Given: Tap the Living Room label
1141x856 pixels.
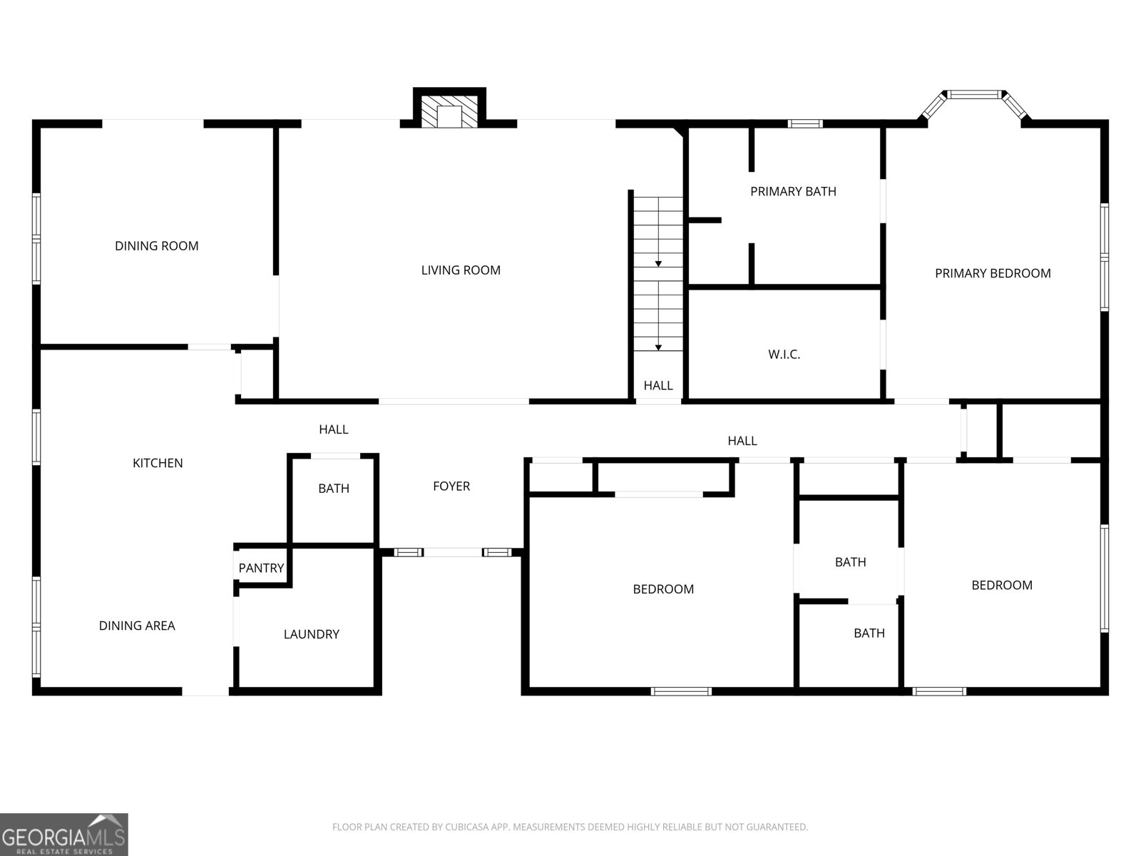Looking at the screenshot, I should point(461,270).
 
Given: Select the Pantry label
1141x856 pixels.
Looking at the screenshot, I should point(261,568).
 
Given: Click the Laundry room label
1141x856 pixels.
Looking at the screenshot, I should point(311,634).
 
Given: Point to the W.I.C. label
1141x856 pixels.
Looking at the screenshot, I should point(784,354).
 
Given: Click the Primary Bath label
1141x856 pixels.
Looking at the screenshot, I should point(793,191).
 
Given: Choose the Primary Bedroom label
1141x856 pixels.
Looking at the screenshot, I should point(993,273).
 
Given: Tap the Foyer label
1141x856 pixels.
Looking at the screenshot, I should point(451,486).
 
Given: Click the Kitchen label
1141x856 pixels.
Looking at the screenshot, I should point(158,463).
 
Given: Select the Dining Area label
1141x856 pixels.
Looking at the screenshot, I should point(137,626).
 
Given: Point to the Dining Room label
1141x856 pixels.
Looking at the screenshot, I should point(157,245).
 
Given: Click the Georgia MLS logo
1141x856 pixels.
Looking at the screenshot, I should point(63,834).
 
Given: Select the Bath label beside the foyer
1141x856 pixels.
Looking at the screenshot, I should point(334,489).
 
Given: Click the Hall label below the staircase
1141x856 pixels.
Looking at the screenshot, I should point(658,385).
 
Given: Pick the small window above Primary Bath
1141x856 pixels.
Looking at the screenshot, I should point(805,123).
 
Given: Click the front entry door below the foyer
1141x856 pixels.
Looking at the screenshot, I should point(452,552).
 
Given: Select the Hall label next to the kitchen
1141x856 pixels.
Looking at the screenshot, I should point(333,429).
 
